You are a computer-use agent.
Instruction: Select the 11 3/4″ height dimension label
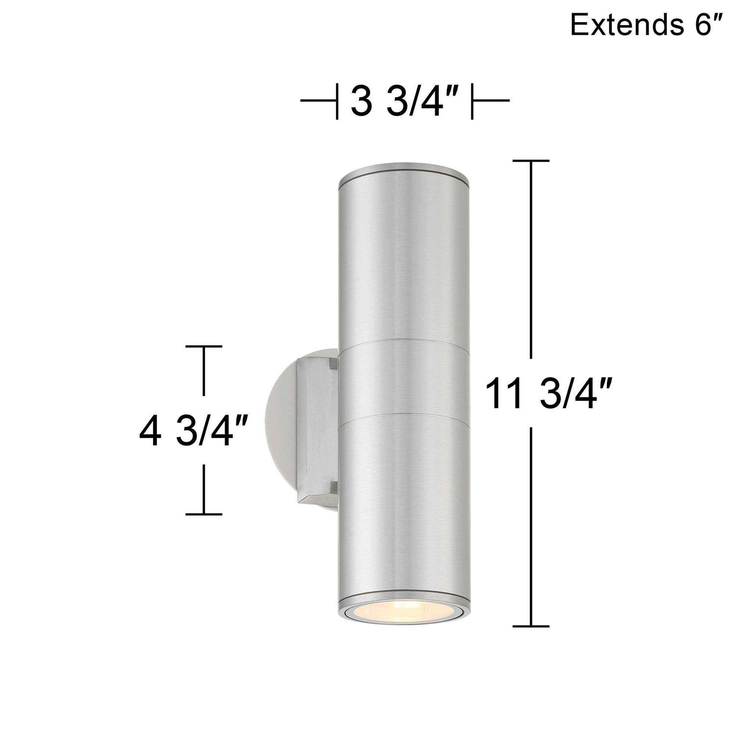[549, 393]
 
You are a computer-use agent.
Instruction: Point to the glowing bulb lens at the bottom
[405, 616]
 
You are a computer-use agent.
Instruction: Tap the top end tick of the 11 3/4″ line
[530, 160]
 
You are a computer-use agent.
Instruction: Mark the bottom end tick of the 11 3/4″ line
[530, 626]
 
